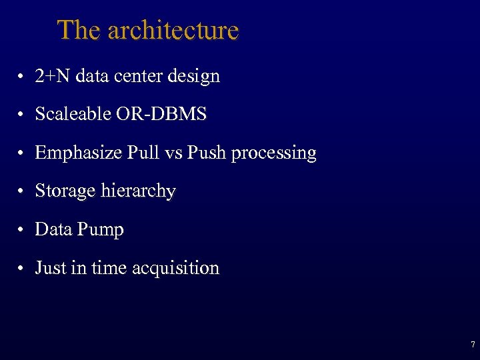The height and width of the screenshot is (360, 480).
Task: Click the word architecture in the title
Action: pyautogui.click(x=173, y=31)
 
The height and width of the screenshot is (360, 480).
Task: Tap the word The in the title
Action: pyautogui.click(x=79, y=31)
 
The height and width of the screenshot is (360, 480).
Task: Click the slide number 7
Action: pyautogui.click(x=473, y=345)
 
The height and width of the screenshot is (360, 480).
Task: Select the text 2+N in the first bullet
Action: pyautogui.click(x=53, y=76)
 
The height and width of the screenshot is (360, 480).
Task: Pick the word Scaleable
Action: pyautogui.click(x=73, y=115)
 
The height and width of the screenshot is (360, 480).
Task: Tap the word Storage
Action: pyautogui.click(x=65, y=191)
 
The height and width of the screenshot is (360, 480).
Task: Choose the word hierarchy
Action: pyautogui.click(x=138, y=191)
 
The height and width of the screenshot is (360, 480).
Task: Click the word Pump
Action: pyautogui.click(x=100, y=230)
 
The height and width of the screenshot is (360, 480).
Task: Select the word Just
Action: pyautogui.click(x=51, y=268)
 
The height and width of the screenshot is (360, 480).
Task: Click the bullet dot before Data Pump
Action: pyautogui.click(x=22, y=231)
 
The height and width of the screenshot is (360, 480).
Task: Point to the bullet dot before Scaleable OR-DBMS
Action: pyautogui.click(x=22, y=115)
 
